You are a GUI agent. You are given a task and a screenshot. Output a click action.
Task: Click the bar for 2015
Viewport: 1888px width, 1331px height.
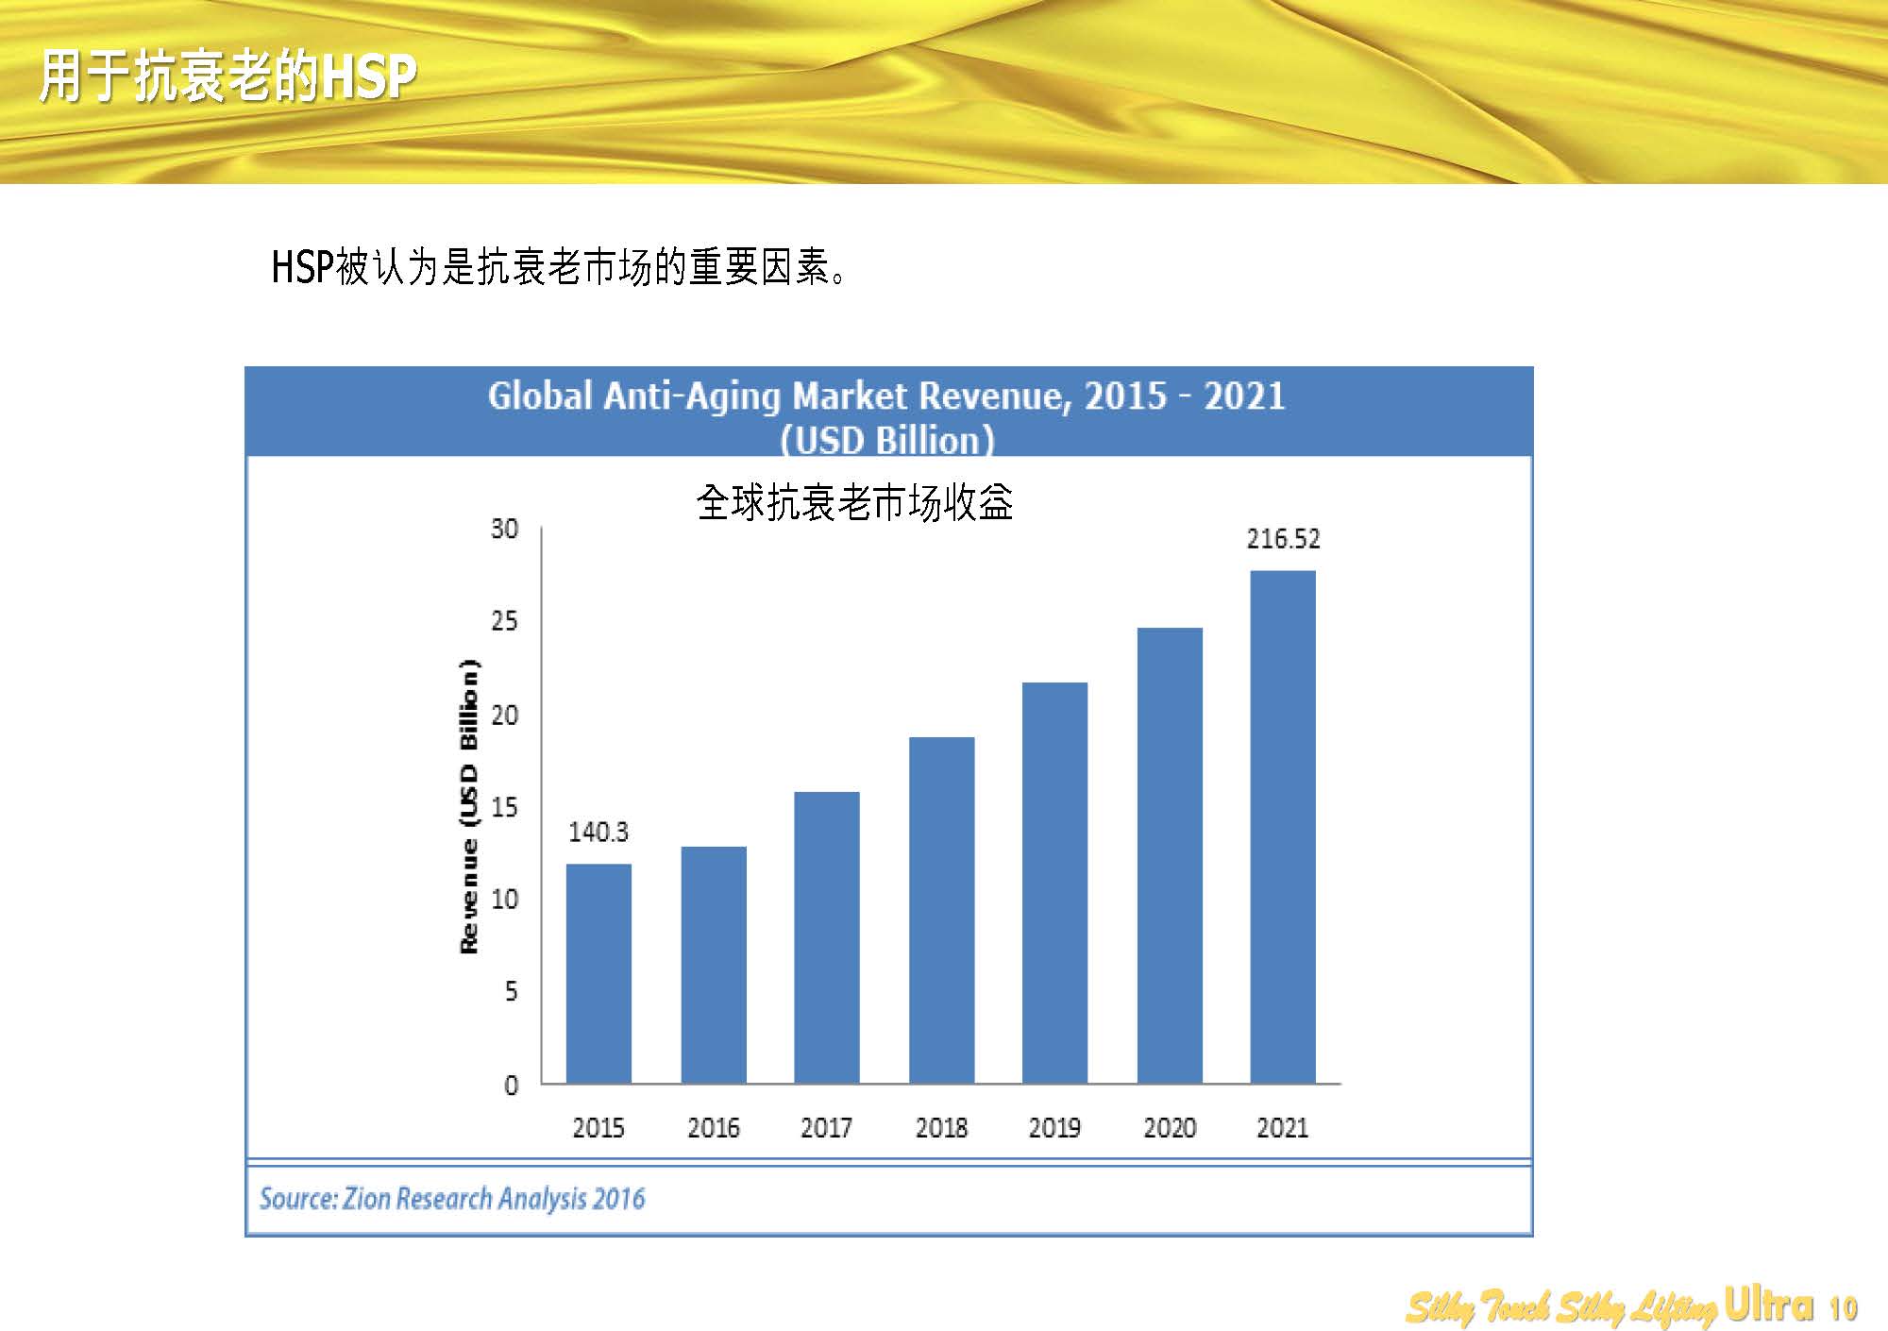pyautogui.click(x=598, y=973)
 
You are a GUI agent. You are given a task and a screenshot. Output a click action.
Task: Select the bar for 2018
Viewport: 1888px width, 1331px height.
pyautogui.click(x=941, y=910)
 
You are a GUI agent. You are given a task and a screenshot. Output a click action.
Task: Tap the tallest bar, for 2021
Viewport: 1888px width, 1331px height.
pyautogui.click(x=1282, y=827)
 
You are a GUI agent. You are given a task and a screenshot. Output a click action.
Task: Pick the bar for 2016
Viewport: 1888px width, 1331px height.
pyautogui.click(x=714, y=965)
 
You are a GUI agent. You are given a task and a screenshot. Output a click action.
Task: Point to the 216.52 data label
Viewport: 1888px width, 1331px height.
pyautogui.click(x=1283, y=539)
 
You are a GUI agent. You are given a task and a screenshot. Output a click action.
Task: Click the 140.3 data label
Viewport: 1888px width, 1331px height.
pyautogui.click(x=598, y=832)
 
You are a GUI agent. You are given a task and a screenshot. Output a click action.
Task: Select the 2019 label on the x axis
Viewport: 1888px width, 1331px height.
pyautogui.click(x=1054, y=1127)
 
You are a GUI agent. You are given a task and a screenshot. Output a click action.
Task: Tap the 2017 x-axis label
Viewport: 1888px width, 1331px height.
pyautogui.click(x=826, y=1127)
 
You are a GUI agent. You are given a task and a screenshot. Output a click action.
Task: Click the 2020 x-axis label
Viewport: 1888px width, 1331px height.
pyautogui.click(x=1170, y=1127)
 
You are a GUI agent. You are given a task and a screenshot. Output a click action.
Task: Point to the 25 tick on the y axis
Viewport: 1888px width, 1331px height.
pyautogui.click(x=504, y=621)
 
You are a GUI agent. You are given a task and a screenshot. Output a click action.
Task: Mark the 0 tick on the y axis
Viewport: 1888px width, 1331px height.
pyautogui.click(x=511, y=1086)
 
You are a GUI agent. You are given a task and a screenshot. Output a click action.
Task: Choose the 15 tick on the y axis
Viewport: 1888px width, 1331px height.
pyautogui.click(x=504, y=807)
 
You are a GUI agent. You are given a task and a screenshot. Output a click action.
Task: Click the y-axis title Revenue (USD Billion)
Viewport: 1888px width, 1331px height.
pyautogui.click(x=468, y=806)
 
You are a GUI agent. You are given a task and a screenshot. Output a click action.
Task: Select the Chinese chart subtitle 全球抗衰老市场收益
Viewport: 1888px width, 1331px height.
pyautogui.click(x=854, y=502)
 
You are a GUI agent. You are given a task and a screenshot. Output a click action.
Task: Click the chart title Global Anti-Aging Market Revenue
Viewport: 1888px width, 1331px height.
pyautogui.click(x=886, y=396)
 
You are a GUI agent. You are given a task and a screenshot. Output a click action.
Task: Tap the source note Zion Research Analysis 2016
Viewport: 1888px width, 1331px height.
pyautogui.click(x=452, y=1199)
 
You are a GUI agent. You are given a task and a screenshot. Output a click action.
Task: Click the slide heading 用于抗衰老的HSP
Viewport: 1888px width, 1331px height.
pyautogui.click(x=227, y=77)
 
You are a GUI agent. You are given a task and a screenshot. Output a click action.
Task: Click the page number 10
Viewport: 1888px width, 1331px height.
pyautogui.click(x=1844, y=1308)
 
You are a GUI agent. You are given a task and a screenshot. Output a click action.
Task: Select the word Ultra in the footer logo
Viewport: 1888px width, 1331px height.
pyautogui.click(x=1768, y=1305)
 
